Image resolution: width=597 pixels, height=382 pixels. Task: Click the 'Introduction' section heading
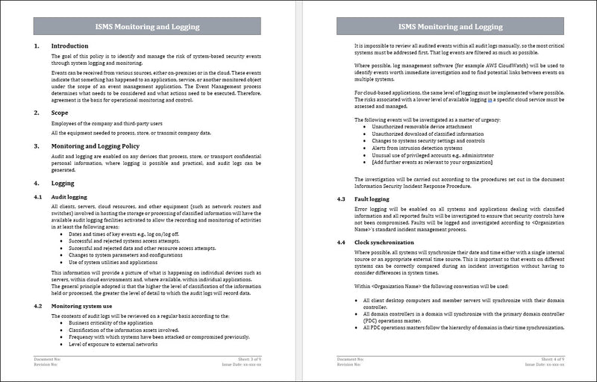[69, 46]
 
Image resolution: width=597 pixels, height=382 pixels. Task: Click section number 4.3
[340, 199]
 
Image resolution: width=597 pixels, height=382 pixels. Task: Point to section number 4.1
[39, 196]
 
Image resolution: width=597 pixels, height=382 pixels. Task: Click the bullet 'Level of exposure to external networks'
[113, 344]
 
